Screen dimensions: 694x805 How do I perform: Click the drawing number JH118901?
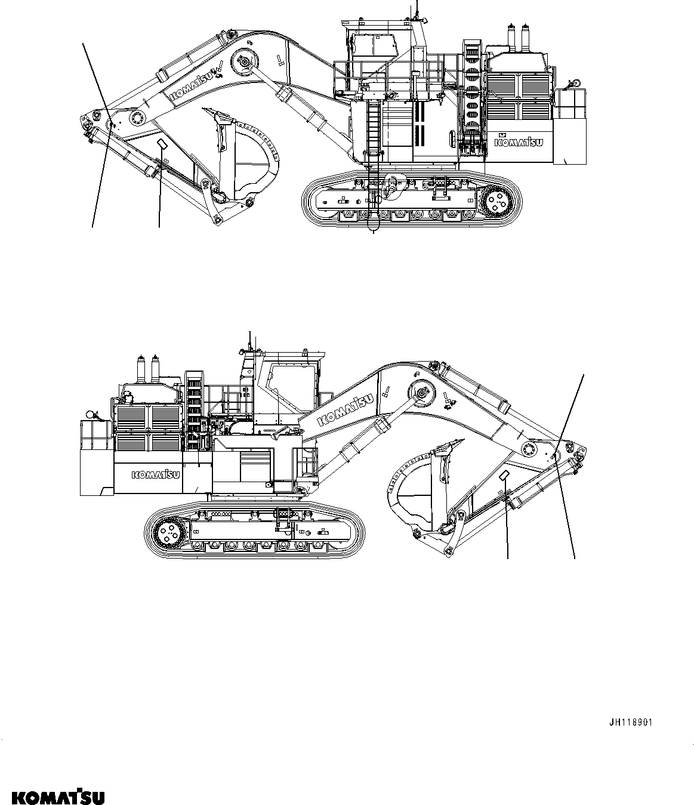(630, 722)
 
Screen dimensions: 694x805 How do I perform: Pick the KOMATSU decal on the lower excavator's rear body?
(156, 475)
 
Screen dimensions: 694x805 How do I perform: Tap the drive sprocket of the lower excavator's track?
(168, 529)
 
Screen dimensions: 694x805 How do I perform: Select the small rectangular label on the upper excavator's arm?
(161, 143)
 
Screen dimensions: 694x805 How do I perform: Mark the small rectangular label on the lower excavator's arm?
(505, 474)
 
